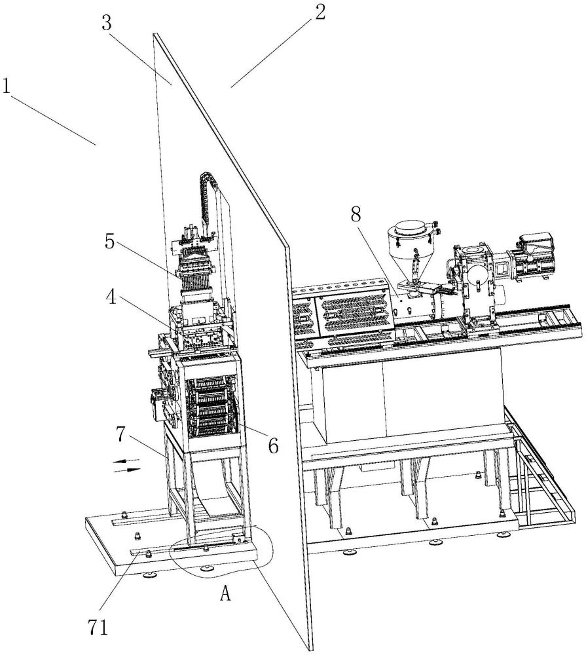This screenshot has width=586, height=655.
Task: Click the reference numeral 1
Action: (6, 86)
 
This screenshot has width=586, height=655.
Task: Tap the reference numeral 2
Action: (320, 12)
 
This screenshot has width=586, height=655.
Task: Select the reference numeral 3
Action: (107, 24)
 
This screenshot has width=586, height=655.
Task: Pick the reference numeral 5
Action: (110, 242)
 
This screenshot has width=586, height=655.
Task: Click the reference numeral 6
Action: (273, 447)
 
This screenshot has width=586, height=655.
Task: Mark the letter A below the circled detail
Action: (225, 593)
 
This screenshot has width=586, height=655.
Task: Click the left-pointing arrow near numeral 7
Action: (126, 461)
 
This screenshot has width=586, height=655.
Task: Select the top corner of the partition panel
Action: (155, 34)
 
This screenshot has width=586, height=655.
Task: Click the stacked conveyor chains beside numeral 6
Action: (211, 407)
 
